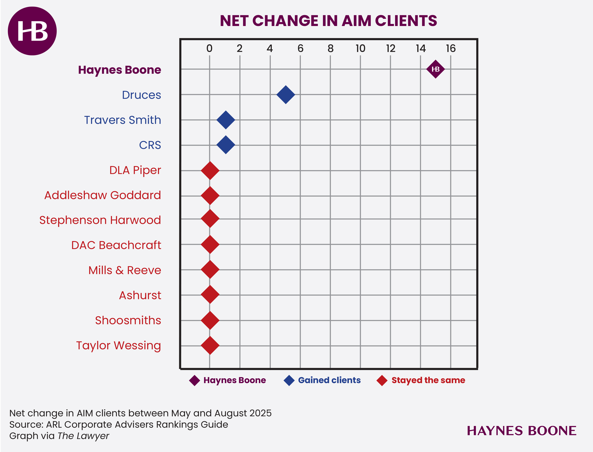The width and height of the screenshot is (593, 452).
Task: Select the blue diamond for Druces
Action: click(x=286, y=95)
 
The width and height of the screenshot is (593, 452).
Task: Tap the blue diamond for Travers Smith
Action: click(x=226, y=120)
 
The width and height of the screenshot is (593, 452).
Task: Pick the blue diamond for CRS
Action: click(x=226, y=145)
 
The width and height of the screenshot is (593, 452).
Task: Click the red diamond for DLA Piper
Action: click(x=210, y=170)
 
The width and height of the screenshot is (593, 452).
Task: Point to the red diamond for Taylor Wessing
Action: click(x=210, y=345)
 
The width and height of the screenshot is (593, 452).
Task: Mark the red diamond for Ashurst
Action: click(x=210, y=295)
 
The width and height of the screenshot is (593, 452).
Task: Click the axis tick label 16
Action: click(x=451, y=48)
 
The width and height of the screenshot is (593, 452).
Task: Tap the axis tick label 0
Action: click(x=209, y=48)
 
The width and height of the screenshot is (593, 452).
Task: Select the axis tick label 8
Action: click(x=331, y=48)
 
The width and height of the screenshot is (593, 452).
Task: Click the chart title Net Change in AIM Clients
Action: click(x=328, y=21)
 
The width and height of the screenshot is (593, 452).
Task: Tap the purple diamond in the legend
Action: click(x=194, y=381)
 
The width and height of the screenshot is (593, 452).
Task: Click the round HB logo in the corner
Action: click(x=32, y=31)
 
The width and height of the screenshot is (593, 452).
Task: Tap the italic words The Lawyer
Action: click(x=83, y=436)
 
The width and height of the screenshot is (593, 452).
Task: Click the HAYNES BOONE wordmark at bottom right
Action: click(x=521, y=431)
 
